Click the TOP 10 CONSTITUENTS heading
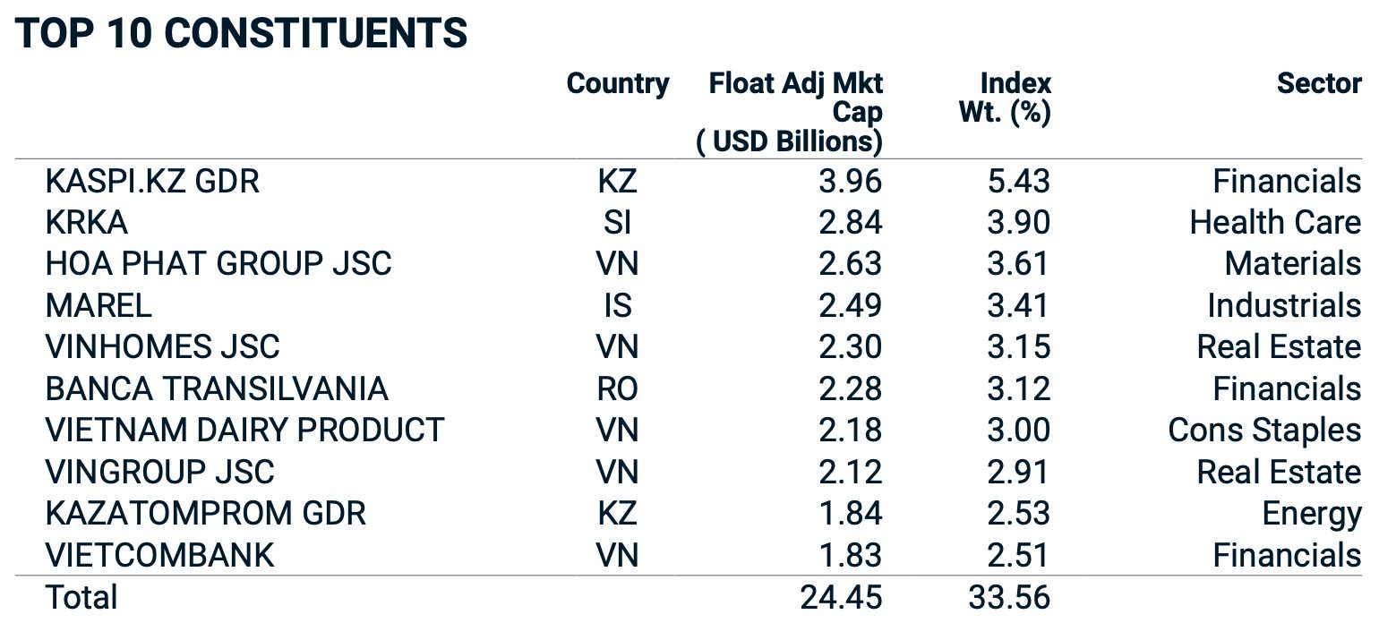pyautogui.click(x=241, y=32)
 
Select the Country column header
pyautogui.click(x=618, y=84)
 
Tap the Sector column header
pyautogui.click(x=1319, y=83)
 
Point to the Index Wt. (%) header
pyautogui.click(x=1005, y=98)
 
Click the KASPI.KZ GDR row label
pyautogui.click(x=152, y=182)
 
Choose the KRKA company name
pyautogui.click(x=86, y=223)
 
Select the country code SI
pyautogui.click(x=618, y=223)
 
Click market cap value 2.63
pyautogui.click(x=850, y=264)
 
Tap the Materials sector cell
pyautogui.click(x=1293, y=264)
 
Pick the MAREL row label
pyautogui.click(x=98, y=306)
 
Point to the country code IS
pyautogui.click(x=618, y=306)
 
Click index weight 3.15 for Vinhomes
pyautogui.click(x=1019, y=347)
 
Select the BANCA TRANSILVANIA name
pyautogui.click(x=217, y=389)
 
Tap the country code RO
pyautogui.click(x=618, y=389)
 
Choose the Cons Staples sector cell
pyautogui.click(x=1264, y=431)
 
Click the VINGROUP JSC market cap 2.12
pyautogui.click(x=850, y=473)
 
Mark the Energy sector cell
pyautogui.click(x=1311, y=515)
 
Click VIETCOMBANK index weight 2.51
pyautogui.click(x=1019, y=555)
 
